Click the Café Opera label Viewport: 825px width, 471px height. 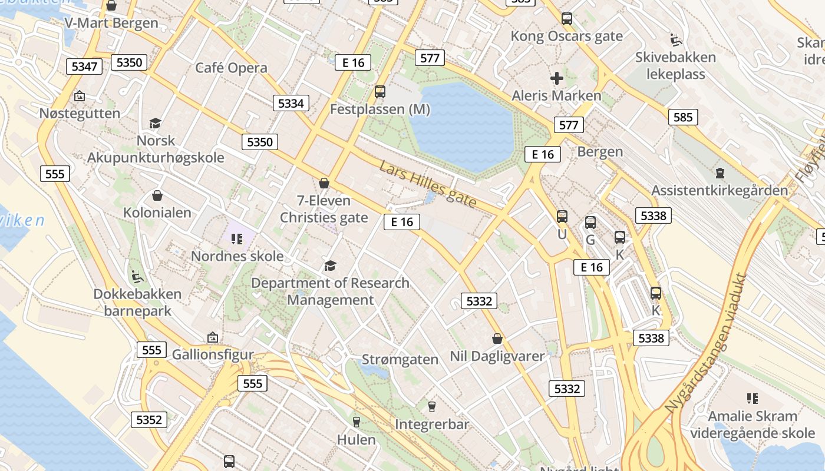click(231, 68)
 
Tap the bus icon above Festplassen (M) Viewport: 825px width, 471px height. click(380, 92)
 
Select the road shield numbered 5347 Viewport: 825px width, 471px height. click(84, 66)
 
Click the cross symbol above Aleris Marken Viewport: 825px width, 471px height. click(556, 78)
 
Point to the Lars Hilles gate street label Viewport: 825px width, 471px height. click(428, 184)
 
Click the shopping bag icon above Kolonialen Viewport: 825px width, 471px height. click(157, 195)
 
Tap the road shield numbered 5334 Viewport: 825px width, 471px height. click(291, 104)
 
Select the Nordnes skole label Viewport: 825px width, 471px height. click(237, 257)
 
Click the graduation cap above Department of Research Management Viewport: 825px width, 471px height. click(330, 266)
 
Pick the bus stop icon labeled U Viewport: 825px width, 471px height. click(562, 217)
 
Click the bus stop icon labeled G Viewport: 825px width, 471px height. click(590, 223)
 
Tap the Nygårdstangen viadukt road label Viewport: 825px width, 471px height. click(706, 343)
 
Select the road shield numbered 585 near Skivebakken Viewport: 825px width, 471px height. click(683, 117)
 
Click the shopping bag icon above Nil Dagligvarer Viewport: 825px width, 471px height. click(497, 339)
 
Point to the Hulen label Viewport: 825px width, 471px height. click(356, 440)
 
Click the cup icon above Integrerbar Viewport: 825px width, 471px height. click(432, 407)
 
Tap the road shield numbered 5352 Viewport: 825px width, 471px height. click(148, 420)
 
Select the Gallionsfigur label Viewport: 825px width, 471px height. click(213, 355)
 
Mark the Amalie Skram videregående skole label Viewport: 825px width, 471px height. click(753, 424)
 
